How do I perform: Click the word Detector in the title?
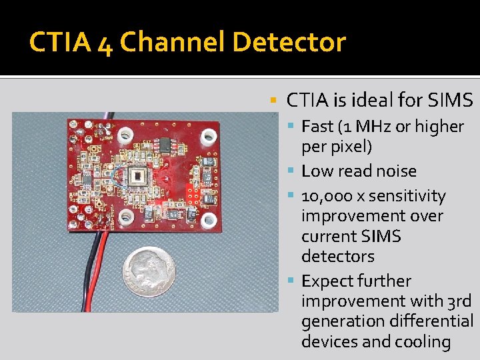289,43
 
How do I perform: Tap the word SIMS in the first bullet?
450,101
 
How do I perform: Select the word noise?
394,171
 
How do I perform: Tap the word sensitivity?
407,197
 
